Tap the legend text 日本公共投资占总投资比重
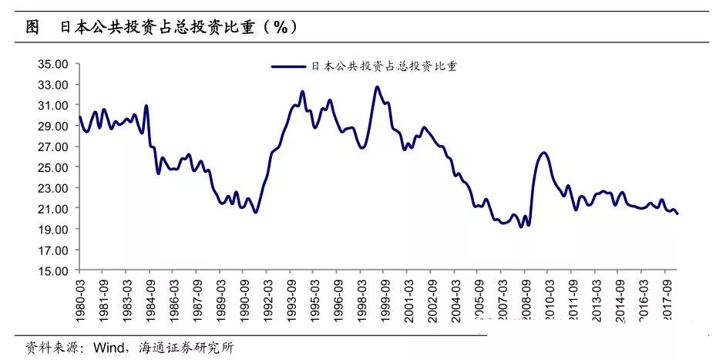(x=384, y=67)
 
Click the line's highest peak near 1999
(x=377, y=87)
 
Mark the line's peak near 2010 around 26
(x=544, y=153)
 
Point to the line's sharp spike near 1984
(x=146, y=106)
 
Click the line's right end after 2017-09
(x=677, y=214)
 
